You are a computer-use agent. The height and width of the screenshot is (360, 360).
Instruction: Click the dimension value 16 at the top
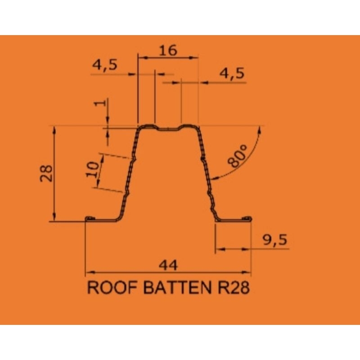[x=168, y=50]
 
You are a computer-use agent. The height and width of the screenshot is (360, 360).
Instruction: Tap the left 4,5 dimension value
[x=105, y=65]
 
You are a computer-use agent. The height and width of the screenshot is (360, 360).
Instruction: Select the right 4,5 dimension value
[x=232, y=74]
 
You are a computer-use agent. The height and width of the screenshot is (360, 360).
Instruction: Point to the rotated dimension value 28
[x=46, y=173]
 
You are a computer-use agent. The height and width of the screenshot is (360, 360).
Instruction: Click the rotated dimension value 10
[x=92, y=170]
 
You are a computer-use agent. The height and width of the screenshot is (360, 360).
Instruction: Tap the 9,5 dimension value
[x=275, y=240]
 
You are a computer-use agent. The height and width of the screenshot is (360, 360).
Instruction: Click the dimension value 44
[x=168, y=265]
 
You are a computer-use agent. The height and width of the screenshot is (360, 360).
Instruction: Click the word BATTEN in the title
[x=177, y=287]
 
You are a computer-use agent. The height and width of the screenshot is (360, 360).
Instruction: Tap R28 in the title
[x=233, y=287]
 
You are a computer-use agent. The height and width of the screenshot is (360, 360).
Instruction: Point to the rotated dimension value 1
[x=100, y=103]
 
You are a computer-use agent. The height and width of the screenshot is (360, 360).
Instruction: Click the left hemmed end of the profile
[x=90, y=218]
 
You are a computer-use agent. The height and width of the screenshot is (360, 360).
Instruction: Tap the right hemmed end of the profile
[x=247, y=218]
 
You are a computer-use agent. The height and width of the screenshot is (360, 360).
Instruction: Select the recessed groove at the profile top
[x=168, y=129]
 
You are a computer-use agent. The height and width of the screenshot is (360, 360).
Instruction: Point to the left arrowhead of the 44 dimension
[x=90, y=273]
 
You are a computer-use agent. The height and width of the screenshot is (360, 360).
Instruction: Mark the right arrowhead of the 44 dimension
[x=246, y=273]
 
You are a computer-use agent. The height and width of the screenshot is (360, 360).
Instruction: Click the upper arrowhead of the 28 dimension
[x=54, y=130]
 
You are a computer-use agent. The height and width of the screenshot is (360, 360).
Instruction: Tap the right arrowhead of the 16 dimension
[x=193, y=58]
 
